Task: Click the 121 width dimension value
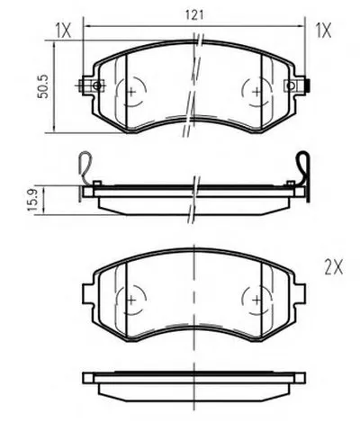click(194, 15)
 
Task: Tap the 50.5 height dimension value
click(43, 86)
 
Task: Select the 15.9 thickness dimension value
click(32, 200)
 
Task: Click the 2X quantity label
click(333, 267)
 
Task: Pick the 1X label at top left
click(63, 31)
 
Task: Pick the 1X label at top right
click(323, 31)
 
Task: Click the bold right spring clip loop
click(303, 168)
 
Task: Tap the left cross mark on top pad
click(131, 92)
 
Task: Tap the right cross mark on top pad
click(256, 92)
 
